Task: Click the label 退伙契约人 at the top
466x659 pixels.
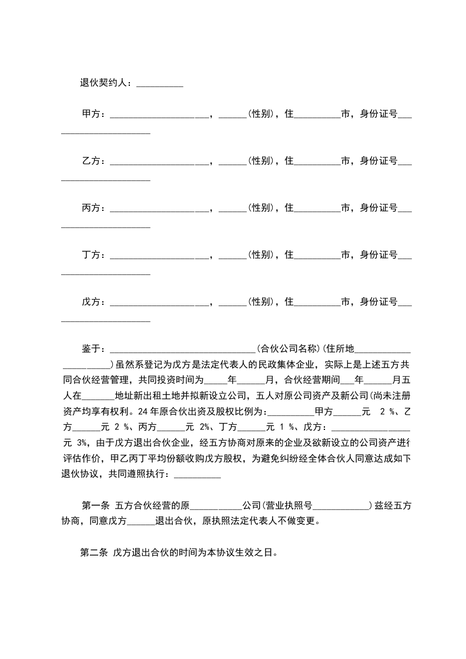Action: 105,83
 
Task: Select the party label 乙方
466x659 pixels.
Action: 91,160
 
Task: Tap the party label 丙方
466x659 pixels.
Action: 91,207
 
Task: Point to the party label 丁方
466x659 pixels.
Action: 91,255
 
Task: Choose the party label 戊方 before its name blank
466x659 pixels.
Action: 91,302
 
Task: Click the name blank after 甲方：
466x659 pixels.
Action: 160,115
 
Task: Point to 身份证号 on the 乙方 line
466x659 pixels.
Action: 379,160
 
